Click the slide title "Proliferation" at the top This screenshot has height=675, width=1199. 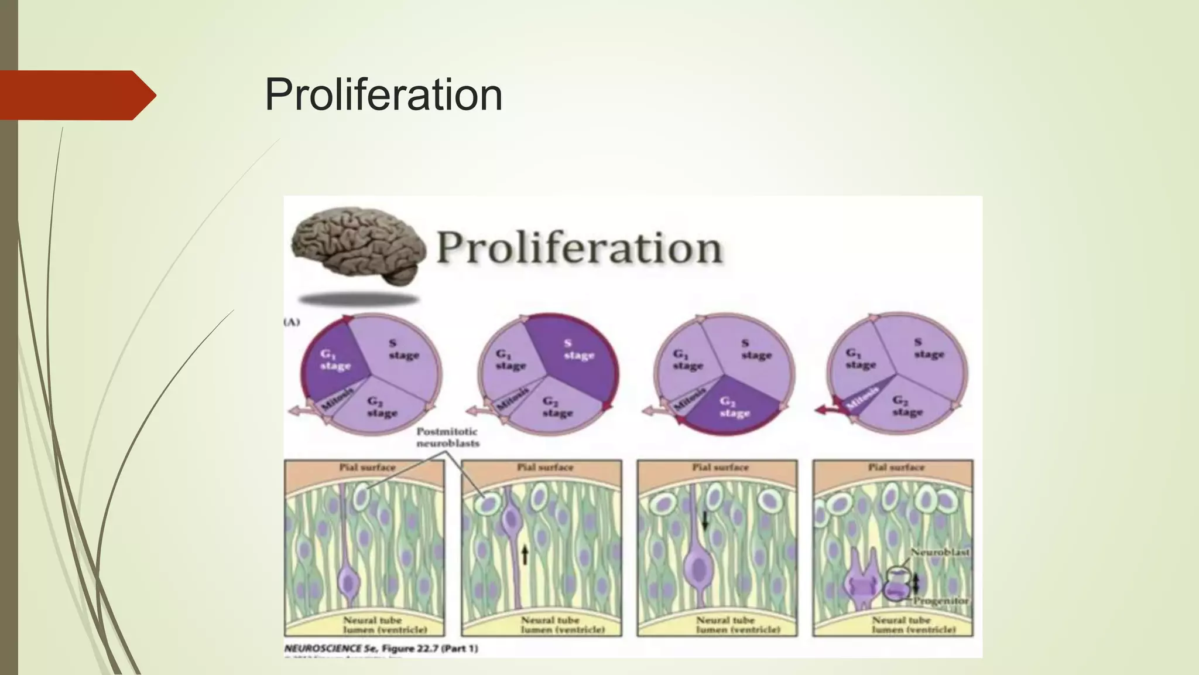(383, 94)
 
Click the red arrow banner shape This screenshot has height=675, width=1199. (76, 95)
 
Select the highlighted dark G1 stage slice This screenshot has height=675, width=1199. (334, 363)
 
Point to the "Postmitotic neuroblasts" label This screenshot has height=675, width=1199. (448, 437)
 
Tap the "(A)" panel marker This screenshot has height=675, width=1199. (292, 322)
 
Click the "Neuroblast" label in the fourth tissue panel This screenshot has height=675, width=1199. (940, 552)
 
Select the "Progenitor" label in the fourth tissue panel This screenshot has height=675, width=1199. (940, 601)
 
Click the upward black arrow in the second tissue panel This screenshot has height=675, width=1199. (525, 554)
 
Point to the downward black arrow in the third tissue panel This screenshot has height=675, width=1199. (705, 519)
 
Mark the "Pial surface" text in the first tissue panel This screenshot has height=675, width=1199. (367, 468)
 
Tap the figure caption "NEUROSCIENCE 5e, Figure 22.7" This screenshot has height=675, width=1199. (381, 649)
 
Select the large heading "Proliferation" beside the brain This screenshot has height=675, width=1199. (579, 248)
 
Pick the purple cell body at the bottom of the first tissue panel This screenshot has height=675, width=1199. (350, 583)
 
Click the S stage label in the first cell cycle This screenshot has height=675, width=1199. (403, 349)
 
